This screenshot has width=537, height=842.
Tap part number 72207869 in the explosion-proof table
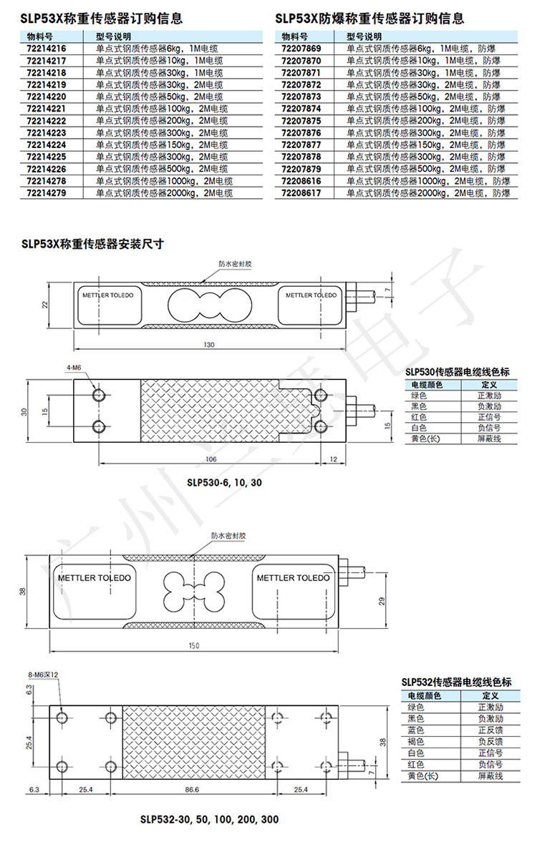(301, 49)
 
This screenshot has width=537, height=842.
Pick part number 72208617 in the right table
(301, 193)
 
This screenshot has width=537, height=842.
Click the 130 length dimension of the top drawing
(208, 345)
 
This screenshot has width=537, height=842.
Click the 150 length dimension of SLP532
(193, 646)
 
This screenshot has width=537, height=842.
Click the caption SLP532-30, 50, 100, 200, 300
(209, 819)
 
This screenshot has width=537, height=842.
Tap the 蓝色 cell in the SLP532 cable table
(415, 730)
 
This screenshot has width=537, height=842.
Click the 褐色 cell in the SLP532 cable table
(415, 741)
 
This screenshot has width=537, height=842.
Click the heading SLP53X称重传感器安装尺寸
(93, 243)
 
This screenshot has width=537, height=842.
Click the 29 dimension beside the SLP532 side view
(382, 599)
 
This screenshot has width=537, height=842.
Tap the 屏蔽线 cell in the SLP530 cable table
(490, 439)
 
